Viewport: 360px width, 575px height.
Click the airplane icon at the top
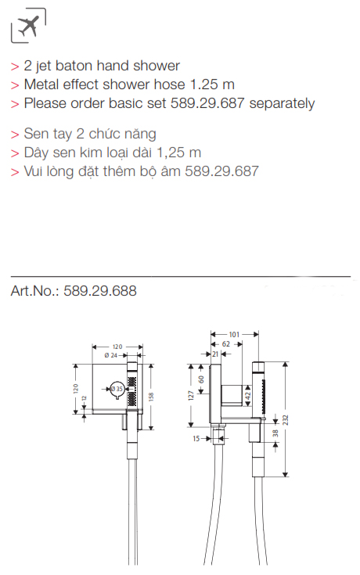pos(28,25)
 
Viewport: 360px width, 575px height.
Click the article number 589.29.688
pos(100,291)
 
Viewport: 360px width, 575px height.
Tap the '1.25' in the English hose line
pos(203,84)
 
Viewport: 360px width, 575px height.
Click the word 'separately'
pos(282,103)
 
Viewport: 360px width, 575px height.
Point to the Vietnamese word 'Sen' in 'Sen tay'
pos(34,134)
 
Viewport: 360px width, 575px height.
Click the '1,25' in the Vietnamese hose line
pos(171,153)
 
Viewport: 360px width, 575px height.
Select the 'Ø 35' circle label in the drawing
pos(117,388)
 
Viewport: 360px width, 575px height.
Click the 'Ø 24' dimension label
pos(111,355)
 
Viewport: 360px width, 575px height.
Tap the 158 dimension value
pos(151,397)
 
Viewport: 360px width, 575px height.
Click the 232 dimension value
pos(286,420)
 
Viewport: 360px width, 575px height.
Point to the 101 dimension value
pos(234,334)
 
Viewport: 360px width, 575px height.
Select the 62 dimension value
pos(226,344)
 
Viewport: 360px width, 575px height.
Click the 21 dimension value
pos(215,354)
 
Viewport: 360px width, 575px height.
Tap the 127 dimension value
pos(191,395)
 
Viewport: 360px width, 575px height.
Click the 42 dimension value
pos(248,396)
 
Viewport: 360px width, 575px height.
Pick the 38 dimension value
pos(275,433)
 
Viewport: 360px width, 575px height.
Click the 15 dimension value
pos(196,438)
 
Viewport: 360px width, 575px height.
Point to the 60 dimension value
pos(201,379)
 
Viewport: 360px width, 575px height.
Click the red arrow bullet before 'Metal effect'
pos(15,85)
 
